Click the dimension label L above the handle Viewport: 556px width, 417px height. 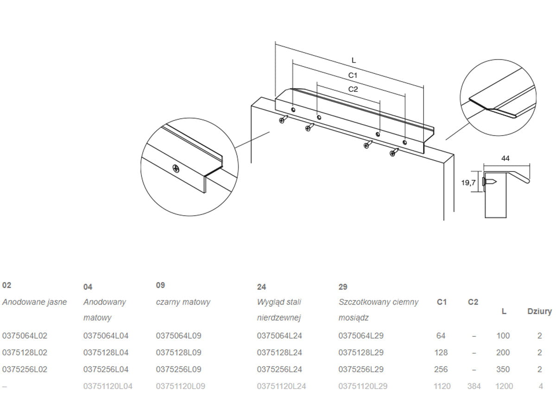354,60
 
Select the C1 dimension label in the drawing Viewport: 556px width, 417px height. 353,75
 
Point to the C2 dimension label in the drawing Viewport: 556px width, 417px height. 353,89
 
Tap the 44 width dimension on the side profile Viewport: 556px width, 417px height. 505,158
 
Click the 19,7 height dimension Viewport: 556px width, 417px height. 468,183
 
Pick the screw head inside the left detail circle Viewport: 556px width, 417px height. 176,168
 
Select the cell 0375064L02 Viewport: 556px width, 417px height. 25,336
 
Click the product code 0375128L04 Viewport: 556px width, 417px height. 106,353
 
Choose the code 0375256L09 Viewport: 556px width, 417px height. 178,369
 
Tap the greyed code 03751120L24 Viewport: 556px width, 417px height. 281,386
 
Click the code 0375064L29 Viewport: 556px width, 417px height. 361,336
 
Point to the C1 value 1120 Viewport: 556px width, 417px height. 442,386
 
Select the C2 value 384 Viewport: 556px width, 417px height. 474,386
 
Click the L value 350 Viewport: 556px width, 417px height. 503,369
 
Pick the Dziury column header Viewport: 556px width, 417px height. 539,311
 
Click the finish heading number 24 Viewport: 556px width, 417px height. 261,287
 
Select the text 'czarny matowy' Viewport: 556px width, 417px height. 183,302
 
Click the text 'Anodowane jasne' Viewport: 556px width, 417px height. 34,302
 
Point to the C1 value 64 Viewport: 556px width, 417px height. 441,336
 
